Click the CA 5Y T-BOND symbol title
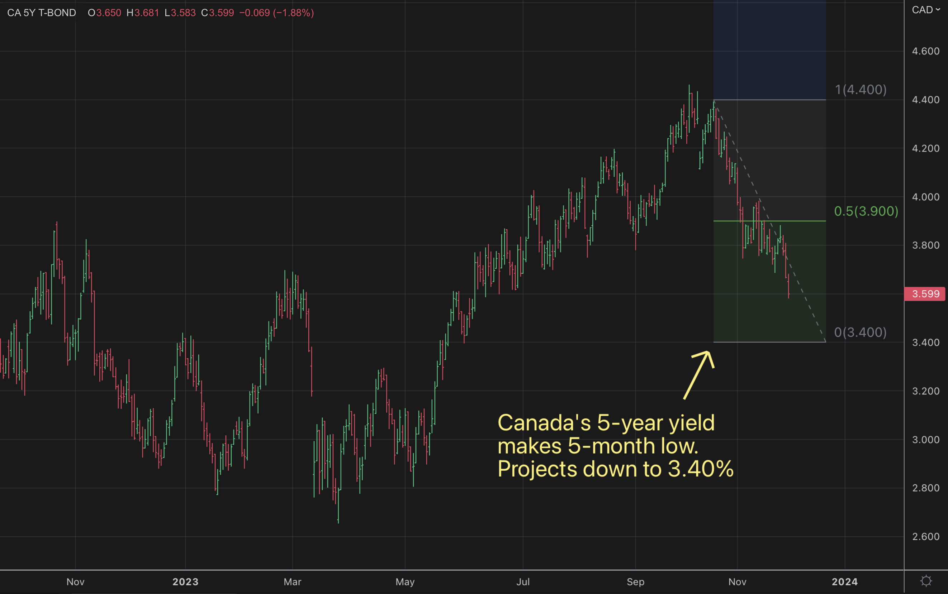click(41, 13)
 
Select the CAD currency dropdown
click(925, 10)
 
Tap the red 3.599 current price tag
click(925, 294)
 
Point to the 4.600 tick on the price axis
click(925, 51)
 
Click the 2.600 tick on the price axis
click(925, 536)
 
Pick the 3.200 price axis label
click(925, 391)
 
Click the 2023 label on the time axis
click(185, 582)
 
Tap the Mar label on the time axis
click(293, 582)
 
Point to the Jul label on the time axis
click(523, 582)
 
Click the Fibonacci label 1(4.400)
click(860, 90)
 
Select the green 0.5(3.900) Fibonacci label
click(866, 211)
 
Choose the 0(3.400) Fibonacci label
click(860, 332)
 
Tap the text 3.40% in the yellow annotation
click(701, 469)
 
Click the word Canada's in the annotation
click(544, 423)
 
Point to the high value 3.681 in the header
click(146, 13)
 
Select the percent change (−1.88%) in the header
click(293, 13)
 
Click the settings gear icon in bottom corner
click(926, 581)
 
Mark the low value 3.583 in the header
click(183, 13)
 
